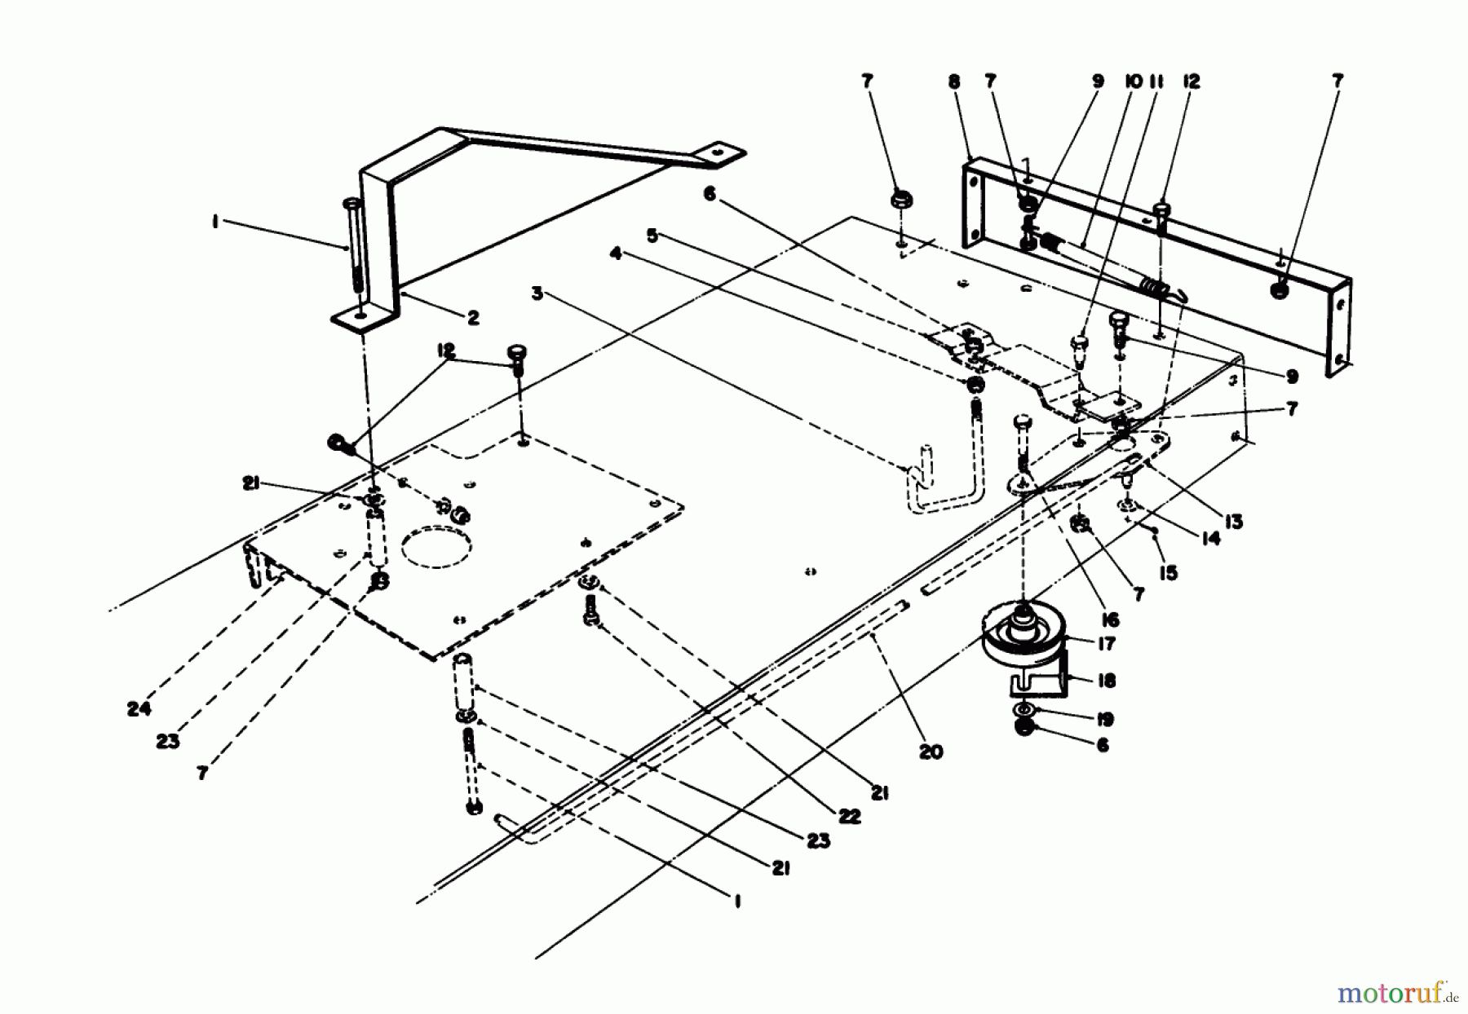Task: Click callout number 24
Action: (x=139, y=708)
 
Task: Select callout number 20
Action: (x=931, y=752)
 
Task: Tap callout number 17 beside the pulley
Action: (x=1106, y=644)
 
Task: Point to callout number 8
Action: (x=954, y=82)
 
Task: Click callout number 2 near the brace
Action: (x=473, y=318)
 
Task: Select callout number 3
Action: (x=537, y=293)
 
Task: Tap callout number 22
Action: (x=849, y=816)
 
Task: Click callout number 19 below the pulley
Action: (x=1105, y=719)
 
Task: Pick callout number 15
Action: (x=1168, y=573)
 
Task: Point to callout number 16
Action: (x=1110, y=620)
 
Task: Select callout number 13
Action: (x=1232, y=522)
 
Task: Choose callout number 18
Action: (x=1107, y=681)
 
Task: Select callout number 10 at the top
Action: (x=1134, y=82)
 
